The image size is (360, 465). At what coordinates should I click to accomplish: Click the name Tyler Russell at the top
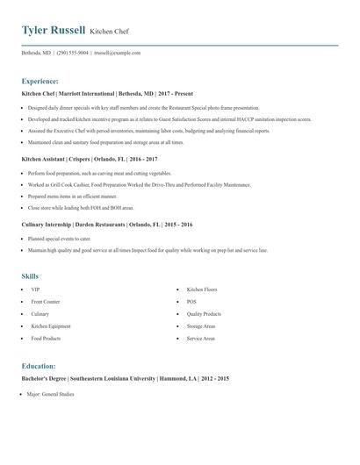tap(53, 31)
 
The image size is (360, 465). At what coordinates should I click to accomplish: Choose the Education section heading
tap(39, 366)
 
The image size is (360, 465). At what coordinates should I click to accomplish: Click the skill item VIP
tap(35, 289)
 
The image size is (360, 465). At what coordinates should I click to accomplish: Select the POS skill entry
tap(191, 301)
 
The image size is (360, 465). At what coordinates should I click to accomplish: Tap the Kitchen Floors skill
tap(201, 289)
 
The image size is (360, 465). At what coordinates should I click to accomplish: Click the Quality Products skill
tap(204, 313)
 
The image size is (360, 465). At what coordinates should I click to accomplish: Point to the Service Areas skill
tap(201, 338)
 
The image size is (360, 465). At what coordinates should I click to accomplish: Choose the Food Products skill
tap(46, 338)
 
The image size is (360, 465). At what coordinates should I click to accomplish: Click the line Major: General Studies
tap(50, 395)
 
